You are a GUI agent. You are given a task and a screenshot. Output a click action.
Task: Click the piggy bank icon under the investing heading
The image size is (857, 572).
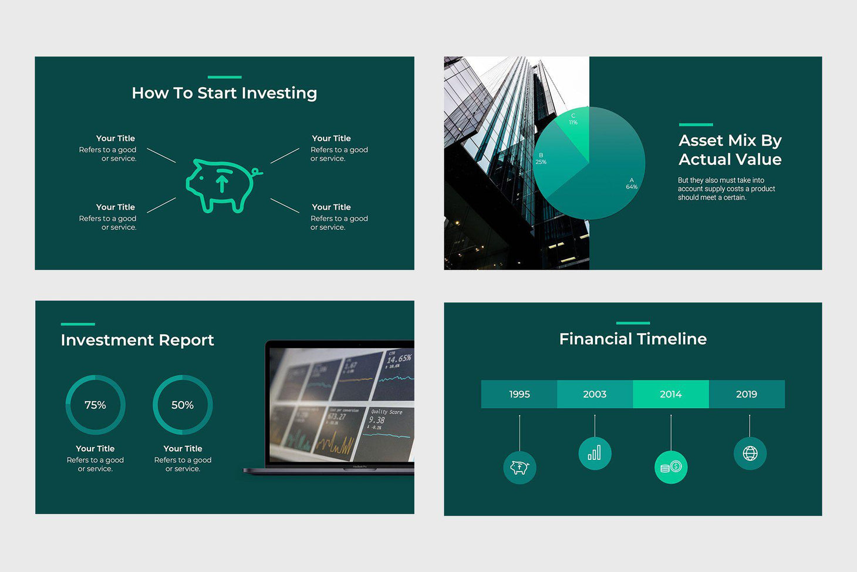(x=222, y=184)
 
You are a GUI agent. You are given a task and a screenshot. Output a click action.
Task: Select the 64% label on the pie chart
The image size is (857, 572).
(x=632, y=187)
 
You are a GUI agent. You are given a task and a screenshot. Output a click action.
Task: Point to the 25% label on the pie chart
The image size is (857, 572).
(x=541, y=161)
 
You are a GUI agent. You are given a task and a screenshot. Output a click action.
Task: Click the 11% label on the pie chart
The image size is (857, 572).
(x=573, y=122)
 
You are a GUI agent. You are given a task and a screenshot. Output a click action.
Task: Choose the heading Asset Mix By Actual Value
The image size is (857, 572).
(x=730, y=150)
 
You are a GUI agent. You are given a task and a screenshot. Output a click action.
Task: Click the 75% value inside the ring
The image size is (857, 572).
(x=95, y=405)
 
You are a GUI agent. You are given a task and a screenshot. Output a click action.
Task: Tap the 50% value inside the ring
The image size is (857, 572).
(x=183, y=405)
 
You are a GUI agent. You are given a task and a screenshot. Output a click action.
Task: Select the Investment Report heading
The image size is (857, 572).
(x=137, y=340)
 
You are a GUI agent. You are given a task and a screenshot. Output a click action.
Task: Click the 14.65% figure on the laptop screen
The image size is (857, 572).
(x=399, y=358)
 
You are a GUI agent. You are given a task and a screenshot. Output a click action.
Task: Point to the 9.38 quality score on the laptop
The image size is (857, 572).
(x=377, y=420)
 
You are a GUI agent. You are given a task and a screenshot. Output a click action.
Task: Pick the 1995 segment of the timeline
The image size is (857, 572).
(x=519, y=394)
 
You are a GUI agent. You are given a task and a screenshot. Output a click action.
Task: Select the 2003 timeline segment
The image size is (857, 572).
(x=595, y=394)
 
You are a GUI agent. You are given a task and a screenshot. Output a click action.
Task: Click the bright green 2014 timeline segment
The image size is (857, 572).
(x=670, y=394)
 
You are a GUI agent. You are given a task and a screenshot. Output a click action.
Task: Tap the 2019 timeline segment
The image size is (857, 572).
(x=747, y=394)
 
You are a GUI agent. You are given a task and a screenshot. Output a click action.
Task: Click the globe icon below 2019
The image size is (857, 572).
(x=750, y=453)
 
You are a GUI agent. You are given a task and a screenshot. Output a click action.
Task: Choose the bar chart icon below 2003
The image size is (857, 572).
(x=595, y=453)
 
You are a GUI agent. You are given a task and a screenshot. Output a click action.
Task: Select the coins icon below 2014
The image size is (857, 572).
(x=670, y=467)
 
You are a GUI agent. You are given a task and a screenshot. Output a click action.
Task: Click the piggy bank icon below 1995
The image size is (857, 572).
(x=519, y=467)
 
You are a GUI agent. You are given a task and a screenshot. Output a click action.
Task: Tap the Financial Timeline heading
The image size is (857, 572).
(x=633, y=339)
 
